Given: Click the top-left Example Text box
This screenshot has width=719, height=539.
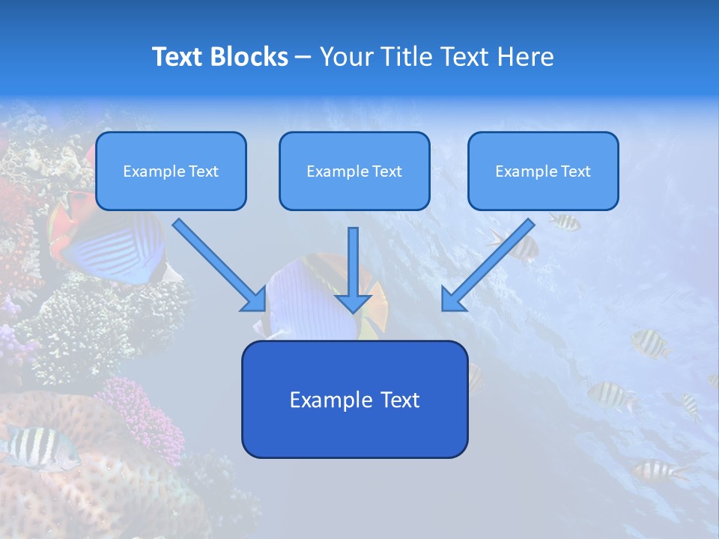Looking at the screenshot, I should click(171, 171).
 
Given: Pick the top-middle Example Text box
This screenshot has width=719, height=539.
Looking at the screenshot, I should click(354, 171).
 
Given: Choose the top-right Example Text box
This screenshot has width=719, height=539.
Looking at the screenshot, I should click(543, 171).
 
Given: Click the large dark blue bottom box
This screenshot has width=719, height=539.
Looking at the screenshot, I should click(354, 399).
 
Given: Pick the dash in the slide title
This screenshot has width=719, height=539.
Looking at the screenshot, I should click(303, 58).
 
